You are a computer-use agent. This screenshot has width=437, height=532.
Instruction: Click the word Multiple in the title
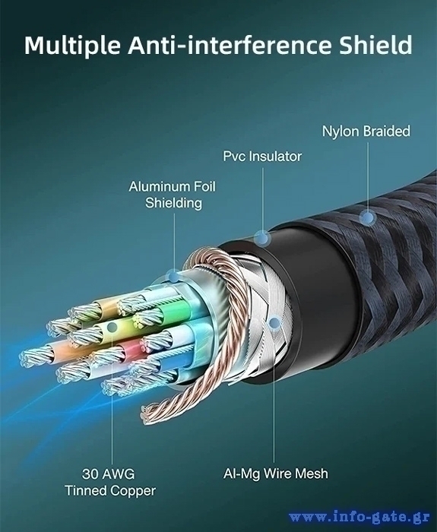click(x=72, y=45)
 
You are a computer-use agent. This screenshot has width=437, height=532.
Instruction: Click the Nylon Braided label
click(x=366, y=131)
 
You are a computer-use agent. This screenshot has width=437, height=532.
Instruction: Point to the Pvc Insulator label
click(x=262, y=157)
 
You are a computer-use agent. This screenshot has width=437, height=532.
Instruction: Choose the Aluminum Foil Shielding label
click(x=173, y=195)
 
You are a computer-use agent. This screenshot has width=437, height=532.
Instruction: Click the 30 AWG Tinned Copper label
click(x=110, y=482)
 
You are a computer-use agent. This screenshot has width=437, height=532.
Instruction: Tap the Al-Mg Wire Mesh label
click(x=275, y=473)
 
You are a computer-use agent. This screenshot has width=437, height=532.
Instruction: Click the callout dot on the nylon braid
click(x=367, y=217)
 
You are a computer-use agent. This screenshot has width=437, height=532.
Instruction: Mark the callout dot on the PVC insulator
click(x=262, y=238)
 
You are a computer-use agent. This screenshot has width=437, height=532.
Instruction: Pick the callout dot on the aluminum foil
click(x=174, y=277)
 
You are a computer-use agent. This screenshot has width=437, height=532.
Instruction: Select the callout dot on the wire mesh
click(x=274, y=323)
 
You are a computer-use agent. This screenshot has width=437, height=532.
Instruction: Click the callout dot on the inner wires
click(x=112, y=328)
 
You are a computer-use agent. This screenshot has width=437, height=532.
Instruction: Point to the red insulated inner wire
click(x=133, y=350)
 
